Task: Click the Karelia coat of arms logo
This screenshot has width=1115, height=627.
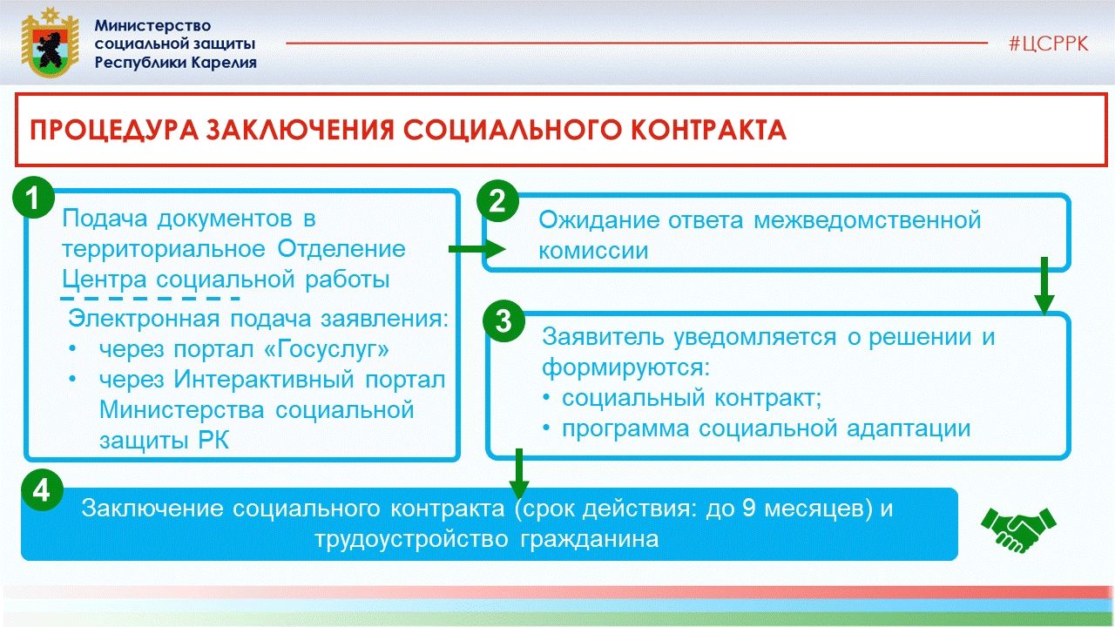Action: [x=50, y=42]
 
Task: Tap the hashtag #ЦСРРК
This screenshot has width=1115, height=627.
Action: [x=1048, y=44]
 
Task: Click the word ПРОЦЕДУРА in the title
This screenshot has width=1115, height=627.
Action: [x=114, y=130]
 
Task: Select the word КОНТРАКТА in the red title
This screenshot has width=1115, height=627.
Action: [x=709, y=130]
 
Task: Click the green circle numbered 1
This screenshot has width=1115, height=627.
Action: [x=33, y=198]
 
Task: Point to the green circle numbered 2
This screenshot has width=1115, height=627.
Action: [x=497, y=201]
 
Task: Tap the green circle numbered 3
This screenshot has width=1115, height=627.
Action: [x=503, y=320]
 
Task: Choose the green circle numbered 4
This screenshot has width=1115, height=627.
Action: [x=42, y=491]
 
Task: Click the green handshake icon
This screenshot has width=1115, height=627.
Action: [x=1018, y=529]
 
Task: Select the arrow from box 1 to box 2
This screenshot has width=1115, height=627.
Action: [x=476, y=249]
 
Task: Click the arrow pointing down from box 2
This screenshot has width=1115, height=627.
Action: [x=1044, y=286]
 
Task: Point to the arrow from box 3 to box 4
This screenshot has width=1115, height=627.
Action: [x=519, y=474]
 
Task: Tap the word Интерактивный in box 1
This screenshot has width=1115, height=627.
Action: [x=264, y=380]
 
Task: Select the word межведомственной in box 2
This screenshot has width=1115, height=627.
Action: [x=867, y=220]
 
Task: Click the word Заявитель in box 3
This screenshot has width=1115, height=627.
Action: [x=603, y=337]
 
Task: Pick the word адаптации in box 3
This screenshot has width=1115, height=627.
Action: [x=909, y=429]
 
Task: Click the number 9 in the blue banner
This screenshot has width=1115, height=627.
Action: [x=749, y=509]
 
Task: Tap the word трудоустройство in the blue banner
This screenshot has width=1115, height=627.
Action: [x=412, y=539]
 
